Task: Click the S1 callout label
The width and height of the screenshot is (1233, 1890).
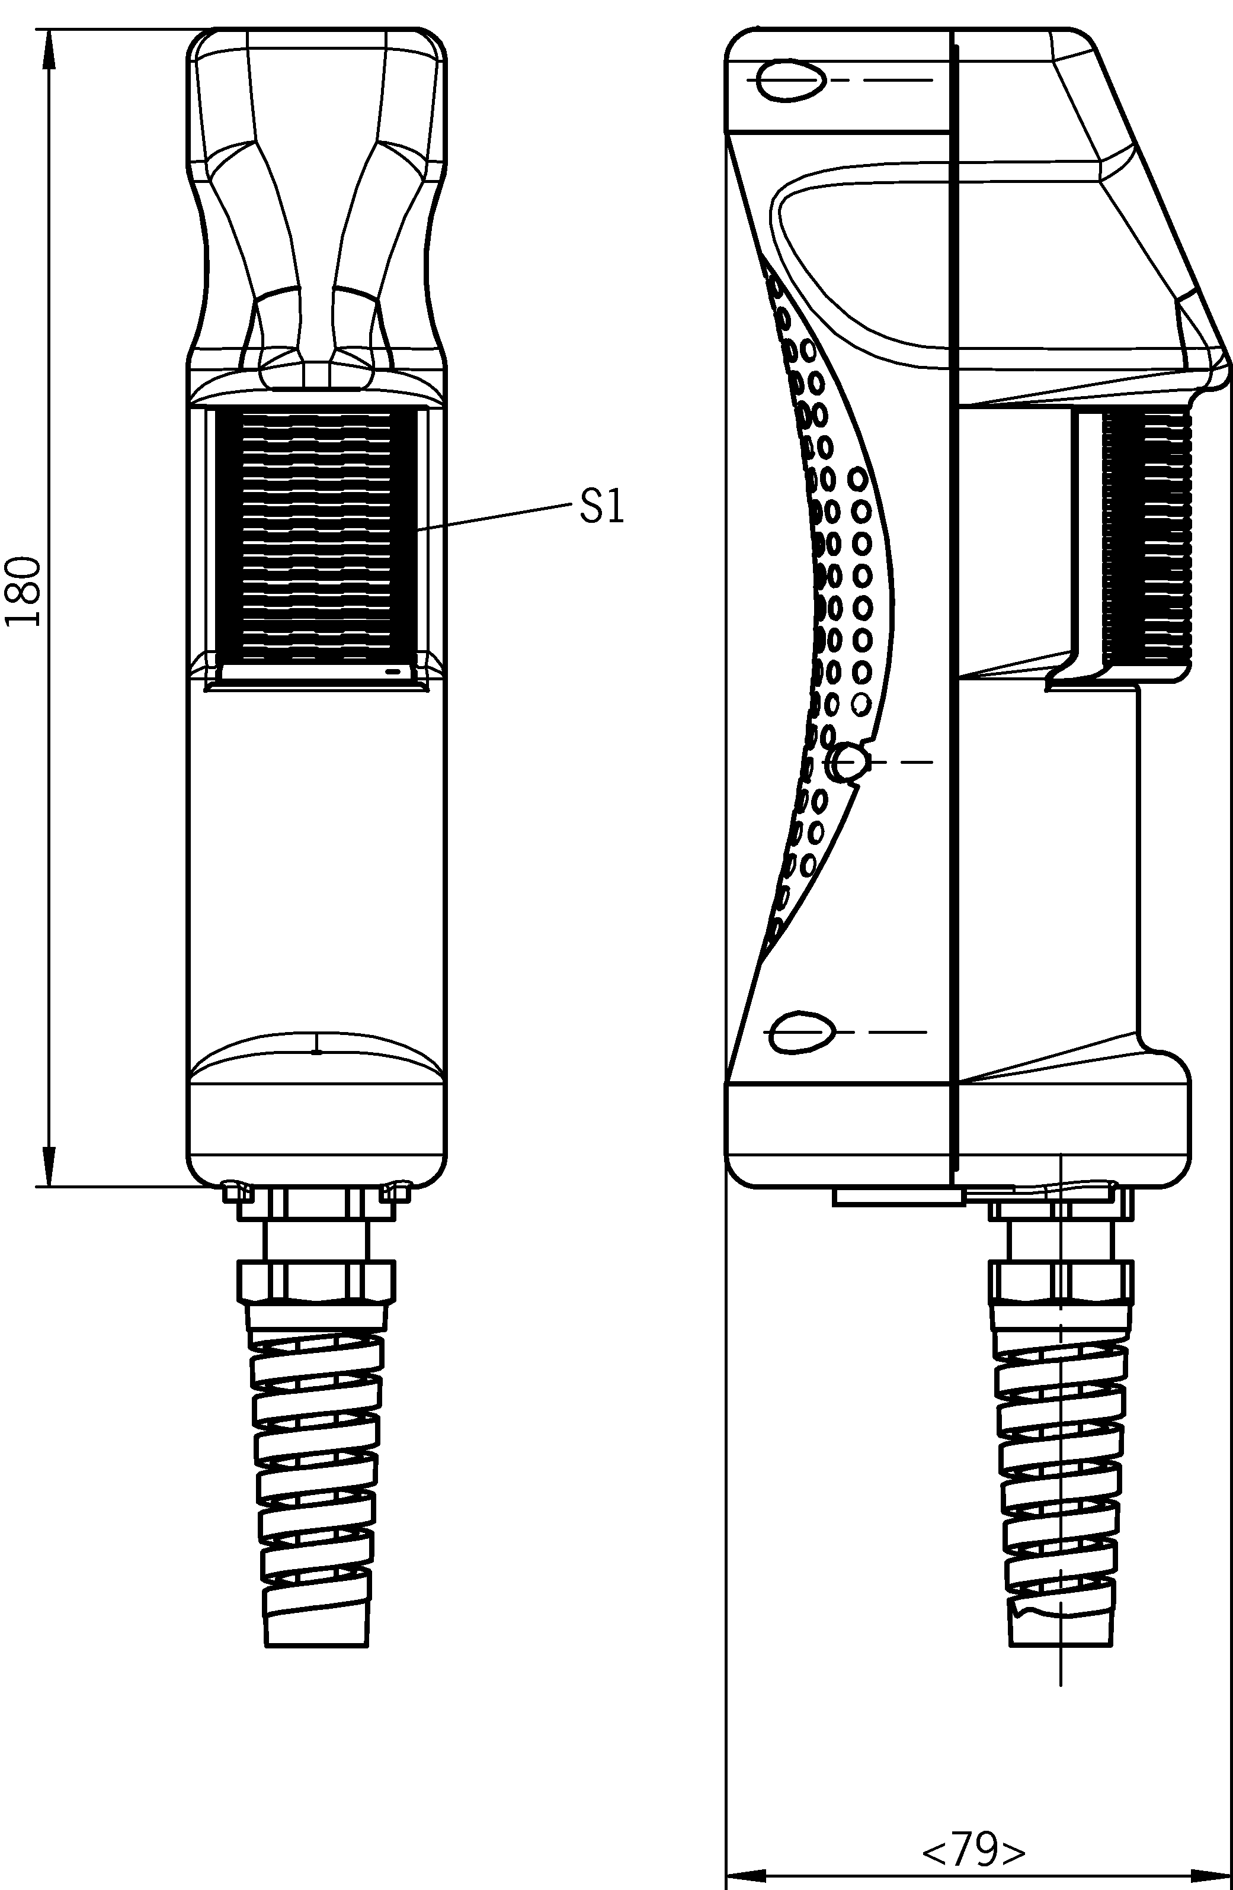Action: coord(601,507)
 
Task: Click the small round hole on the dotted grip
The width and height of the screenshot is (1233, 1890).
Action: coord(847,761)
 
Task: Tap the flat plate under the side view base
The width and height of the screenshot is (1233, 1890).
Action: coord(898,1197)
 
